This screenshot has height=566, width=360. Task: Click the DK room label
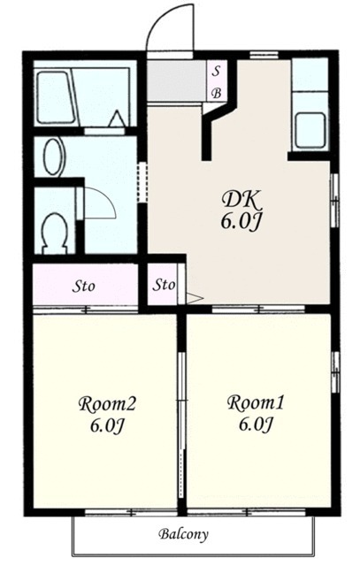pyautogui.click(x=241, y=200)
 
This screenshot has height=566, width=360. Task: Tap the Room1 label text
pyautogui.click(x=256, y=403)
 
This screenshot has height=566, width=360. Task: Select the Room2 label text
pyautogui.click(x=107, y=404)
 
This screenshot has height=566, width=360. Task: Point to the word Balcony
pyautogui.click(x=184, y=534)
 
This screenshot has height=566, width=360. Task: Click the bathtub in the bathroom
pyautogui.click(x=56, y=97)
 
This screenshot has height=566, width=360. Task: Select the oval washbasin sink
pyautogui.click(x=54, y=157)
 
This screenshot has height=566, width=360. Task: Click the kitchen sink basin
pyautogui.click(x=310, y=130)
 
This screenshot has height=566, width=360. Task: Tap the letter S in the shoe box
pyautogui.click(x=216, y=71)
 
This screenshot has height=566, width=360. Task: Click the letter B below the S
pyautogui.click(x=217, y=94)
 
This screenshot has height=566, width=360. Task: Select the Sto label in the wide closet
pyautogui.click(x=84, y=287)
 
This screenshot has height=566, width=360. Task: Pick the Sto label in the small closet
pyautogui.click(x=164, y=285)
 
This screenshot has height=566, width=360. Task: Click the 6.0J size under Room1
pyautogui.click(x=255, y=424)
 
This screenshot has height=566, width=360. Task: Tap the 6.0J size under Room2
pyautogui.click(x=107, y=426)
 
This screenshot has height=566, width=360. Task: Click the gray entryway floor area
pyautogui.click(x=176, y=80)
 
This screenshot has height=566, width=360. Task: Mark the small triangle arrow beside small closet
pyautogui.click(x=195, y=299)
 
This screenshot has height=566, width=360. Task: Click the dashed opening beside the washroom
pyautogui.click(x=142, y=182)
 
